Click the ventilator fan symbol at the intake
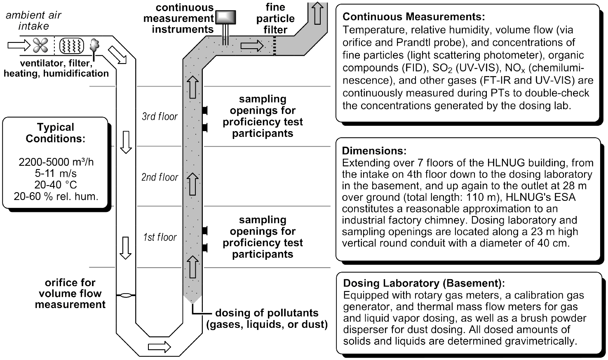(x=40, y=45)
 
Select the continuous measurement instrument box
(x=225, y=17)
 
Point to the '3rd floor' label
(x=160, y=117)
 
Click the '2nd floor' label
(x=160, y=177)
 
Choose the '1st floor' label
(x=160, y=238)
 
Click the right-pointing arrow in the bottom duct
(x=159, y=346)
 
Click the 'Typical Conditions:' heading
(x=56, y=133)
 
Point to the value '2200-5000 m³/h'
(x=56, y=162)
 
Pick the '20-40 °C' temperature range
(x=56, y=185)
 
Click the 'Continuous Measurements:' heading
(x=414, y=17)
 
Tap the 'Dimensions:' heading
(x=374, y=151)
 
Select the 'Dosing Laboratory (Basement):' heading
(x=424, y=283)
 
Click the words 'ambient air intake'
(x=34, y=21)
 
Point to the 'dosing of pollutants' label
(x=267, y=313)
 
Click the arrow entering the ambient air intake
(x=19, y=44)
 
